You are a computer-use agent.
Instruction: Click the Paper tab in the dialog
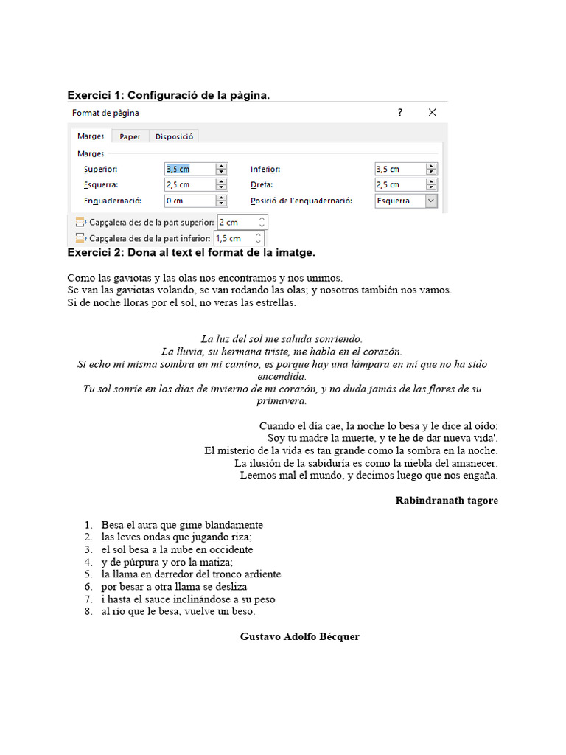(130, 136)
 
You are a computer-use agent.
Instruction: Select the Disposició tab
(174, 136)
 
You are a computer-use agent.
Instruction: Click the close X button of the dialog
(432, 112)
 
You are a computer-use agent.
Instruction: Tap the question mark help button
(400, 112)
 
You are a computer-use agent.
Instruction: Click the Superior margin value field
(189, 169)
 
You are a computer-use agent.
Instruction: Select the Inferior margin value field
(399, 169)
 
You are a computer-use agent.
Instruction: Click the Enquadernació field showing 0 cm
(189, 201)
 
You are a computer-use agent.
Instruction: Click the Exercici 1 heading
(169, 95)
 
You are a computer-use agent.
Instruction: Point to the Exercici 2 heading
(191, 253)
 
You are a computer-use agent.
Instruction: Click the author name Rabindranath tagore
(447, 501)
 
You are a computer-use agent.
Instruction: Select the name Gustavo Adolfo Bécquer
(300, 636)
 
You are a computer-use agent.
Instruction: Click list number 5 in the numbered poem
(88, 574)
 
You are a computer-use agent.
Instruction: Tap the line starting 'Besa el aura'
(182, 525)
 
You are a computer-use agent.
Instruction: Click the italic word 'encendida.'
(282, 376)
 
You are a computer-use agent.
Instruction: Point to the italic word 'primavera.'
(282, 401)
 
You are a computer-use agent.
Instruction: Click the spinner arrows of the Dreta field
(431, 184)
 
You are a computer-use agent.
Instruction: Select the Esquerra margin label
(101, 184)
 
